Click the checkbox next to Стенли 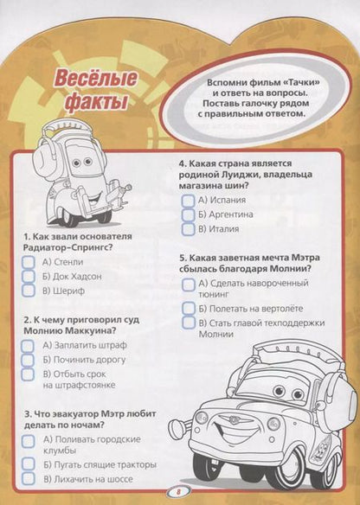(x=29, y=262)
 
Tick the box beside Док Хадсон (x=29, y=276)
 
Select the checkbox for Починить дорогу (x=28, y=360)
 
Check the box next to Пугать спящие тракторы (x=29, y=464)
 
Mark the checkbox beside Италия (x=188, y=229)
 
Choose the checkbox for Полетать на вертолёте (x=189, y=309)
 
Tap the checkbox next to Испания (x=188, y=201)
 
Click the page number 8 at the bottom (x=178, y=492)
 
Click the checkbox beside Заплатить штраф (x=28, y=346)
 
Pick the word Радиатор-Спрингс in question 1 (x=66, y=247)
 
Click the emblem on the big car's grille (x=235, y=420)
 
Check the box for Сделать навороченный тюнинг (x=189, y=284)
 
